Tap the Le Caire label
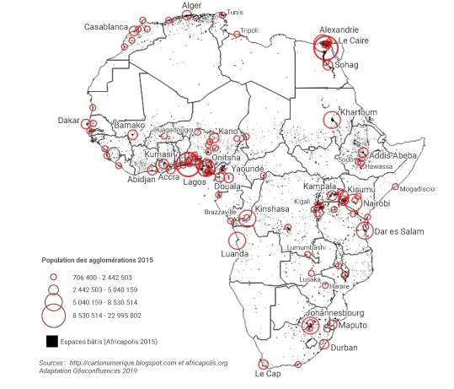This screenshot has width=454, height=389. click(x=355, y=41)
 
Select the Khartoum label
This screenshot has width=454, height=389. click(x=357, y=113)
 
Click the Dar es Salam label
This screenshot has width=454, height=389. click(x=399, y=230)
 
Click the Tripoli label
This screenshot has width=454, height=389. click(x=249, y=31)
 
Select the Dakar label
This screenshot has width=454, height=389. click(x=68, y=121)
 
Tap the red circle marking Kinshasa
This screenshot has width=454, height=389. click(x=247, y=219)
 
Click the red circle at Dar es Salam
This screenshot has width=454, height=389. click(x=364, y=230)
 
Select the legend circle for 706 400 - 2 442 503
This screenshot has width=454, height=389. click(x=52, y=277)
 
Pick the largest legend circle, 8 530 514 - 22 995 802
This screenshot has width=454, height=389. click(x=52, y=316)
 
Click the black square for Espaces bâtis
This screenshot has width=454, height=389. click(x=52, y=342)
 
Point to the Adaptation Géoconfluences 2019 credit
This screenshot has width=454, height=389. click(x=88, y=370)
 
